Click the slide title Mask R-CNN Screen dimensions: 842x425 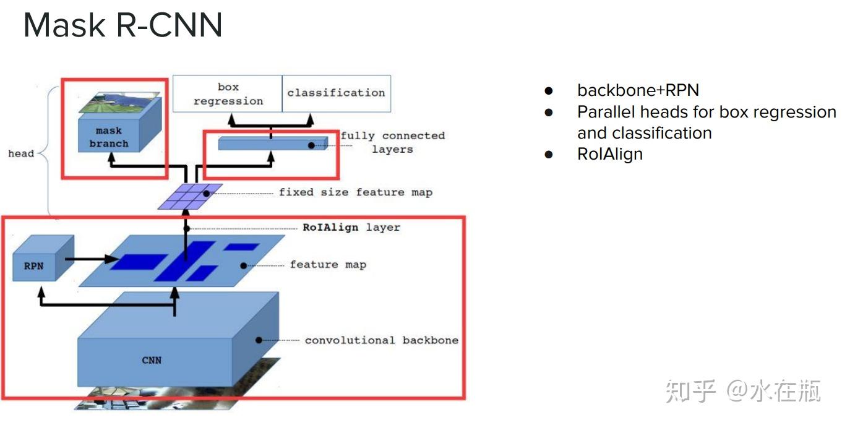tap(123, 25)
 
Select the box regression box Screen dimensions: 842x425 tap(228, 93)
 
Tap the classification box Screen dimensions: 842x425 tap(337, 93)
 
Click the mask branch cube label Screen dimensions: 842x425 tap(109, 137)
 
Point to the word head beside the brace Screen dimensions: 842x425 tap(21, 153)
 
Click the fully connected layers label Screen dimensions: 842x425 tap(393, 142)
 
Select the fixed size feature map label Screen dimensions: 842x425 tap(356, 192)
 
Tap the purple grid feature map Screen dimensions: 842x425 tap(190, 197)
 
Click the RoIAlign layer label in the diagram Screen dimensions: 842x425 tap(351, 227)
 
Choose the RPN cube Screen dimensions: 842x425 tap(43, 258)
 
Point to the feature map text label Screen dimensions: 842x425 tap(328, 265)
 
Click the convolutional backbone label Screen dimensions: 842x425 tap(382, 340)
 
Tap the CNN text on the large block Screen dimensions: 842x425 tap(152, 360)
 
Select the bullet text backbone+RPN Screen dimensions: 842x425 tap(638, 90)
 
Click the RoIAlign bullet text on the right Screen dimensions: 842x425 tap(610, 154)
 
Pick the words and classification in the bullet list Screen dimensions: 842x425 tap(644, 133)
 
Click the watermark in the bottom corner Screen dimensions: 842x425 tap(743, 391)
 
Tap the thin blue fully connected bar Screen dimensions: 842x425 tap(273, 144)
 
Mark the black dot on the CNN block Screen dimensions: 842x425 tap(259, 340)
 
